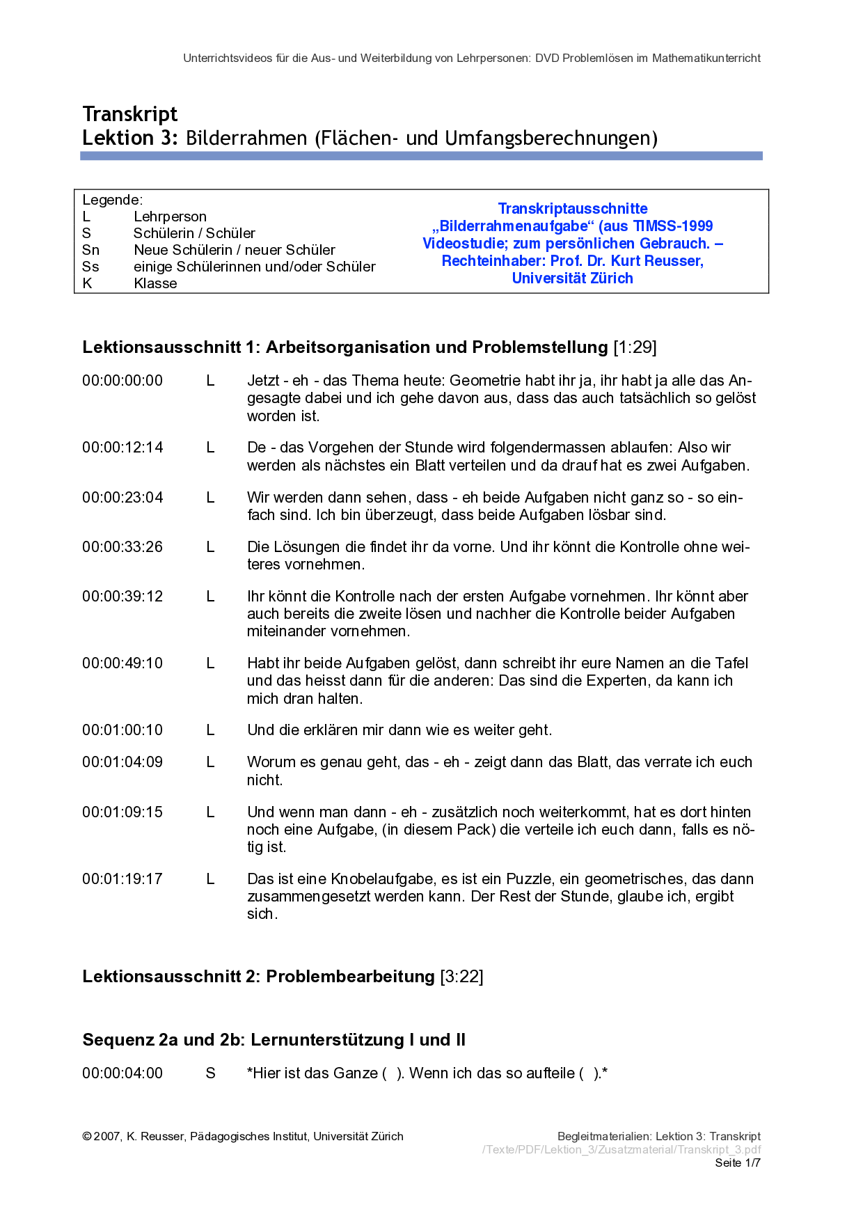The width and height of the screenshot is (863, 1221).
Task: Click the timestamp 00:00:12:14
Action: [122, 448]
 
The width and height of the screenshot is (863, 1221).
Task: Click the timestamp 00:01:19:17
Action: [122, 879]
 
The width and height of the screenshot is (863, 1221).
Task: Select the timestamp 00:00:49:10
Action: [122, 663]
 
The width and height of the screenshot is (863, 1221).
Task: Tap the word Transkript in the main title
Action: [130, 114]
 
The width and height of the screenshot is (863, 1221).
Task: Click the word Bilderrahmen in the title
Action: [246, 138]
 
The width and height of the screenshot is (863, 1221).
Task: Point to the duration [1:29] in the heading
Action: [635, 347]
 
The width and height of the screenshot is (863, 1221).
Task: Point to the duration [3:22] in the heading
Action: [461, 977]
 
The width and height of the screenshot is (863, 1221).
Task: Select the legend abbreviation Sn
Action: [90, 250]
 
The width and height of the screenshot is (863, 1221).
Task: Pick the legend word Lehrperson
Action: [170, 216]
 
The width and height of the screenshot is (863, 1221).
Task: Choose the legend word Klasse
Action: [155, 283]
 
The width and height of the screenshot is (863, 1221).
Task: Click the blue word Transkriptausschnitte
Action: [573, 209]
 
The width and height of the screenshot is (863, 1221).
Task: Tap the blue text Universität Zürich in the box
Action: [573, 278]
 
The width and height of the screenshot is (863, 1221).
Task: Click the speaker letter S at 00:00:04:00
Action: [210, 1073]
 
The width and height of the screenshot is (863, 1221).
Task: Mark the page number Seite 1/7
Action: [738, 1163]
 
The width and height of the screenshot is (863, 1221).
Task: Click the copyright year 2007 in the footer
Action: [107, 1137]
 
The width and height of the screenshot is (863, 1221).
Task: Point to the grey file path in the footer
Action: [621, 1149]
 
